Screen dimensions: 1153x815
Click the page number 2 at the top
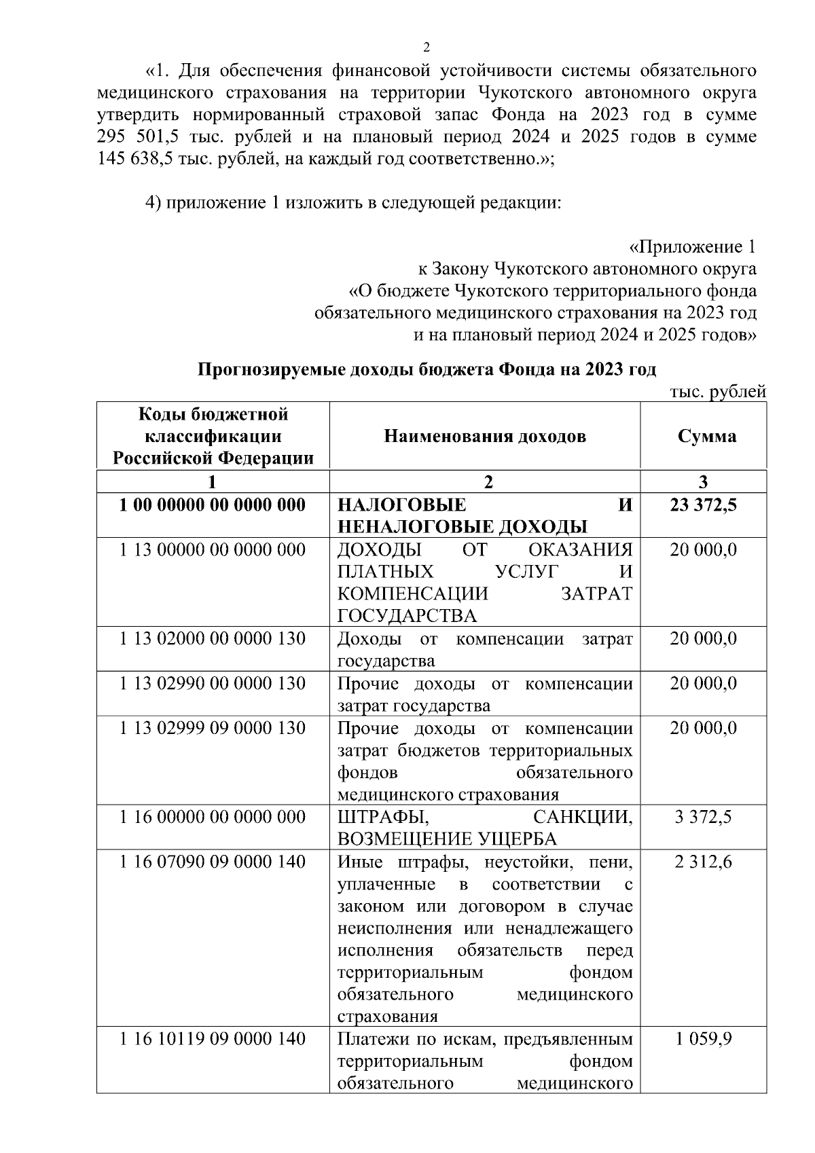click(x=427, y=47)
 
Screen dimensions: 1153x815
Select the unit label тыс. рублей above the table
click(x=718, y=391)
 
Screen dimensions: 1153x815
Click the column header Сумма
click(x=706, y=436)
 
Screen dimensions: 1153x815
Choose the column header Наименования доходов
click(x=485, y=436)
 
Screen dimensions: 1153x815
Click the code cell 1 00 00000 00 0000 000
click(x=213, y=505)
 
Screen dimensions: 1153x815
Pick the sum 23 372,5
click(x=704, y=505)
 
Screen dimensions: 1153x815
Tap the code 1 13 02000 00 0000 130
click(x=213, y=639)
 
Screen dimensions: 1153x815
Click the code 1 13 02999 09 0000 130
click(x=213, y=728)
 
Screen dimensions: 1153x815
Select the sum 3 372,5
click(x=704, y=817)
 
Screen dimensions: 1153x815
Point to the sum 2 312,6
click(x=704, y=862)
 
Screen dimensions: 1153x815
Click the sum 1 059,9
click(x=704, y=1039)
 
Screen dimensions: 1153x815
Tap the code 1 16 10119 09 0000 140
click(x=213, y=1039)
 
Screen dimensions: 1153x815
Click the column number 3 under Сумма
click(x=704, y=482)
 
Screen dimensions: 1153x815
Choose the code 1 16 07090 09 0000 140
click(x=213, y=862)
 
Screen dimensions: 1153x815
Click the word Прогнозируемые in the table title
click(x=265, y=369)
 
